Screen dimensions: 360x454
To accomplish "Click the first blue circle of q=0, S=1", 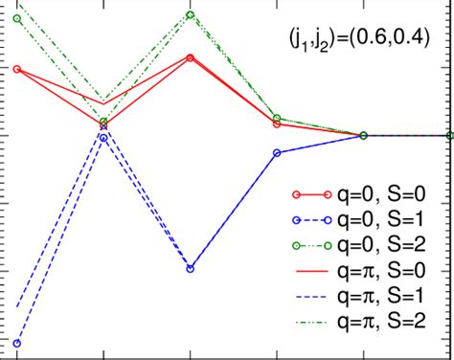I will pyautogui.click(x=16, y=343).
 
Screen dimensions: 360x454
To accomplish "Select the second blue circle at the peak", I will pyautogui.click(x=103, y=138).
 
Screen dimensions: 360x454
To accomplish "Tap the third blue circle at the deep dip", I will pyautogui.click(x=190, y=269).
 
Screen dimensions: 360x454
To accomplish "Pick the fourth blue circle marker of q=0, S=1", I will pyautogui.click(x=277, y=153).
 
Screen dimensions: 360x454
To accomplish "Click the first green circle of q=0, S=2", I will pyautogui.click(x=16, y=17).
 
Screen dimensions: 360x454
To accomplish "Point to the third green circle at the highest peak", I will pyautogui.click(x=190, y=14).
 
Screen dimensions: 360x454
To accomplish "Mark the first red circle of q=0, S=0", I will pyautogui.click(x=16, y=69).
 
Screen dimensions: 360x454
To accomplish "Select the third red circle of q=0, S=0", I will pyautogui.click(x=190, y=58).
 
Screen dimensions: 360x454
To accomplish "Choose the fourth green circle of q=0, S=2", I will pyautogui.click(x=277, y=118).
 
